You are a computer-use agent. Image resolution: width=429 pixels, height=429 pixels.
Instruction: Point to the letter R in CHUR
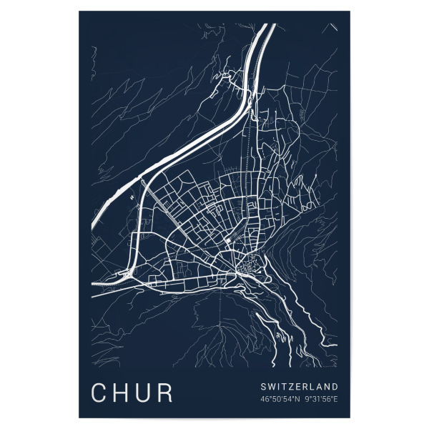[167, 393]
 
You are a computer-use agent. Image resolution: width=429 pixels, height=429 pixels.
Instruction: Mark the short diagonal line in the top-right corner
[332, 27]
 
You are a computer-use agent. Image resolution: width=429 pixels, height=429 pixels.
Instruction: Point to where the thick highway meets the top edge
[266, 26]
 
